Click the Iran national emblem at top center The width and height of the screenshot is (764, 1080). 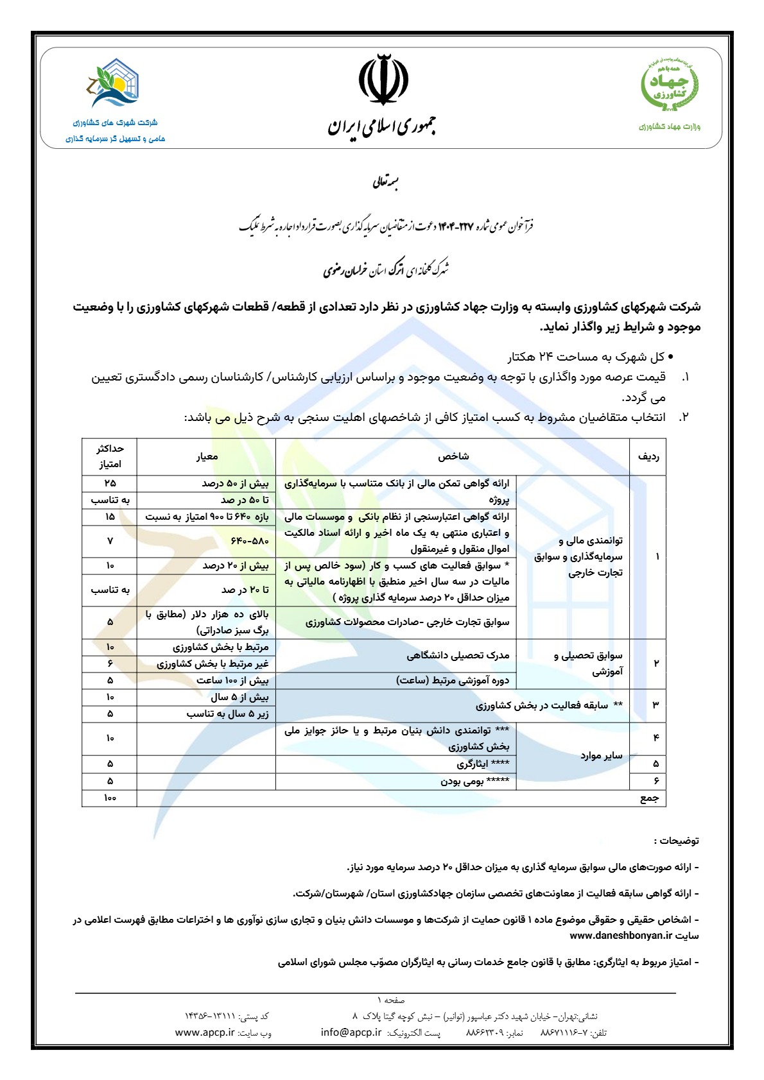coord(383,80)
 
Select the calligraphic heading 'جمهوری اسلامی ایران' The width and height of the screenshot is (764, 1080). coord(382,126)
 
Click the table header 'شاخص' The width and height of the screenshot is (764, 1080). coord(453,456)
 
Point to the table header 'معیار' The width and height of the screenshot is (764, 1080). coord(207,456)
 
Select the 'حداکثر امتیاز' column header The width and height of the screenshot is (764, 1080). coord(110,456)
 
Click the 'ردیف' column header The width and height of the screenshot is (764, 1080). coord(648,456)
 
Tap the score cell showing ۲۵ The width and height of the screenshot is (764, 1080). coord(110,483)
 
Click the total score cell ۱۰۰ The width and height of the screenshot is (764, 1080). coord(110,798)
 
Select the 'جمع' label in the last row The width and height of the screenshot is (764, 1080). coord(649,798)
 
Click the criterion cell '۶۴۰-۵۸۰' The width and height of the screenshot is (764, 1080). coord(250,541)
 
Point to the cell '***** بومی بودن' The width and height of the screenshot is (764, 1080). coord(474,781)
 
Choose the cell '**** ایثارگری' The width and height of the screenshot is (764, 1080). coord(483,764)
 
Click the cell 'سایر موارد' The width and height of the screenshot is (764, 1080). coord(602,755)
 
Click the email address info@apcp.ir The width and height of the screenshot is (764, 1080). coord(351,1033)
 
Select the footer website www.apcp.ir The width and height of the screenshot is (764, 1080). coord(205,1033)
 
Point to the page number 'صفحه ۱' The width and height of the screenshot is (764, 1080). coord(391,1000)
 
